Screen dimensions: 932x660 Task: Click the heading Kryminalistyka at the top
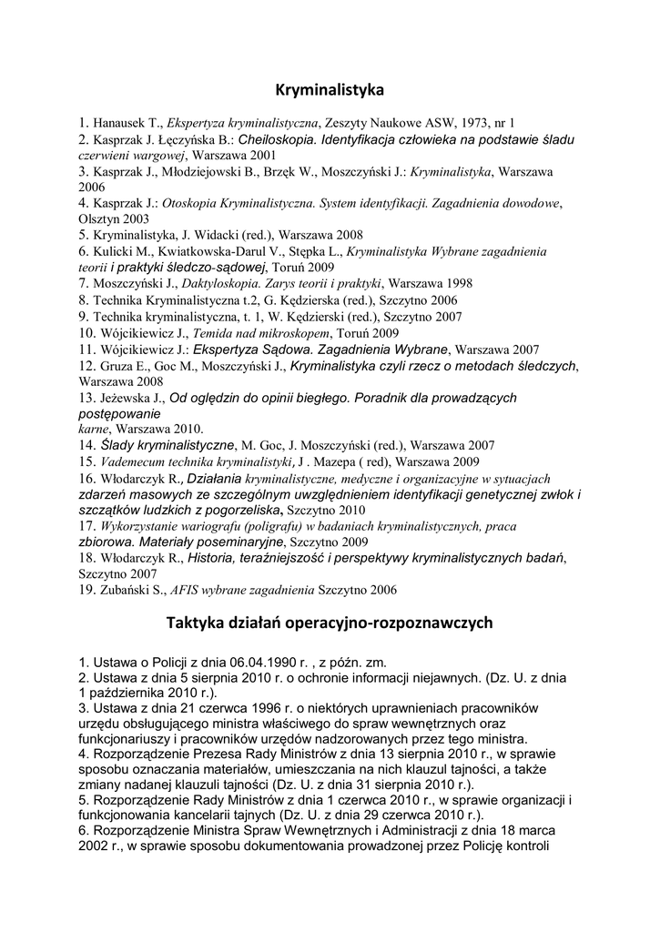(x=330, y=90)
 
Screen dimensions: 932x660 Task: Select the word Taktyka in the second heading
(x=196, y=623)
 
